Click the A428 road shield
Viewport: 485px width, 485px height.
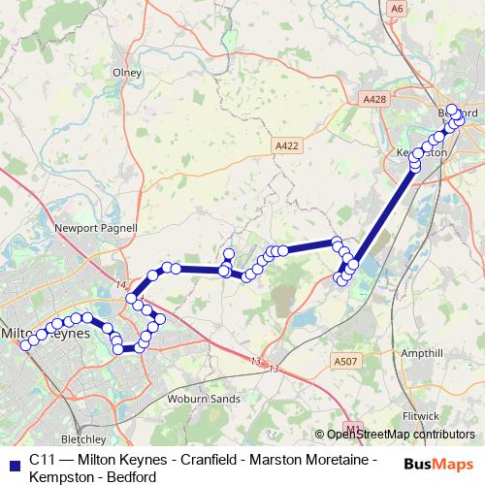pos(373,99)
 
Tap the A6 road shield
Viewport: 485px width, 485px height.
pos(395,8)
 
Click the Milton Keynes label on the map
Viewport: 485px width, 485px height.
pos(48,332)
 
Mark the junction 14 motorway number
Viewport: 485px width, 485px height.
pos(120,285)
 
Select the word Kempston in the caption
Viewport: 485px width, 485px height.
pos(60,476)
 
